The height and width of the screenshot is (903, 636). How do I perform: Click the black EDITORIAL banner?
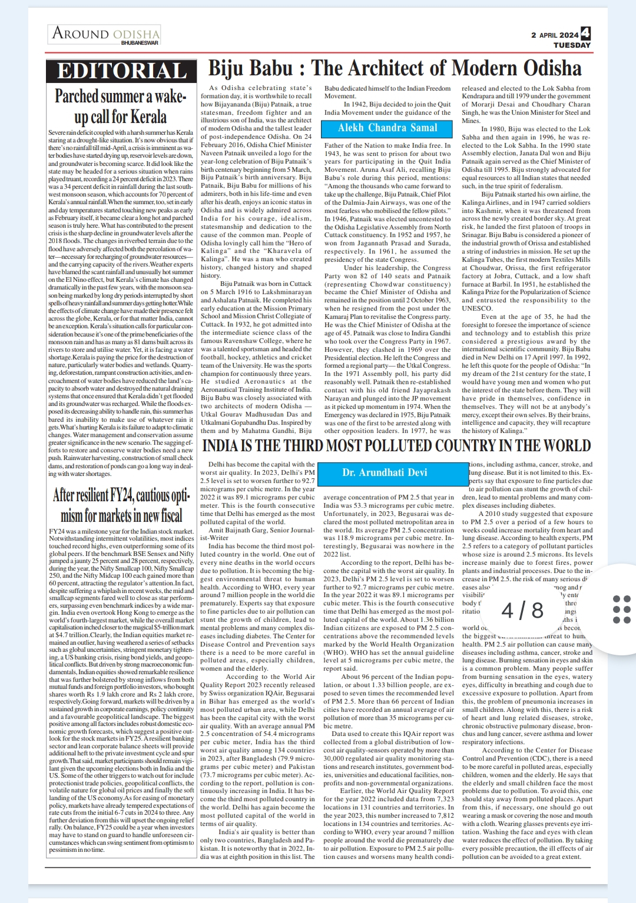coord(122,71)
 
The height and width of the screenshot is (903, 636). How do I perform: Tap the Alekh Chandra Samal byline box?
coord(387,128)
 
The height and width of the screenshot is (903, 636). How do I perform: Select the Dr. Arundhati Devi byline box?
coord(385,472)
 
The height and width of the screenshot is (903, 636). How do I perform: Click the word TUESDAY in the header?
coord(572,45)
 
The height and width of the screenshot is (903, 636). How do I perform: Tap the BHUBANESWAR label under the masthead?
coord(140,43)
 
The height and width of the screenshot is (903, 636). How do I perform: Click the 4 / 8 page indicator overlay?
coord(522,610)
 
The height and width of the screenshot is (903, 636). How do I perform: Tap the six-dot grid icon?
coord(621,609)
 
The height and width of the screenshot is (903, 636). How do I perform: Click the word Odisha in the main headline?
coord(552,69)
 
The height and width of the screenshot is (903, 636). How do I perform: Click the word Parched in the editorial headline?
coord(77,96)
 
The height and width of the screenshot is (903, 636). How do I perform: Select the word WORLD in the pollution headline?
coord(562,446)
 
